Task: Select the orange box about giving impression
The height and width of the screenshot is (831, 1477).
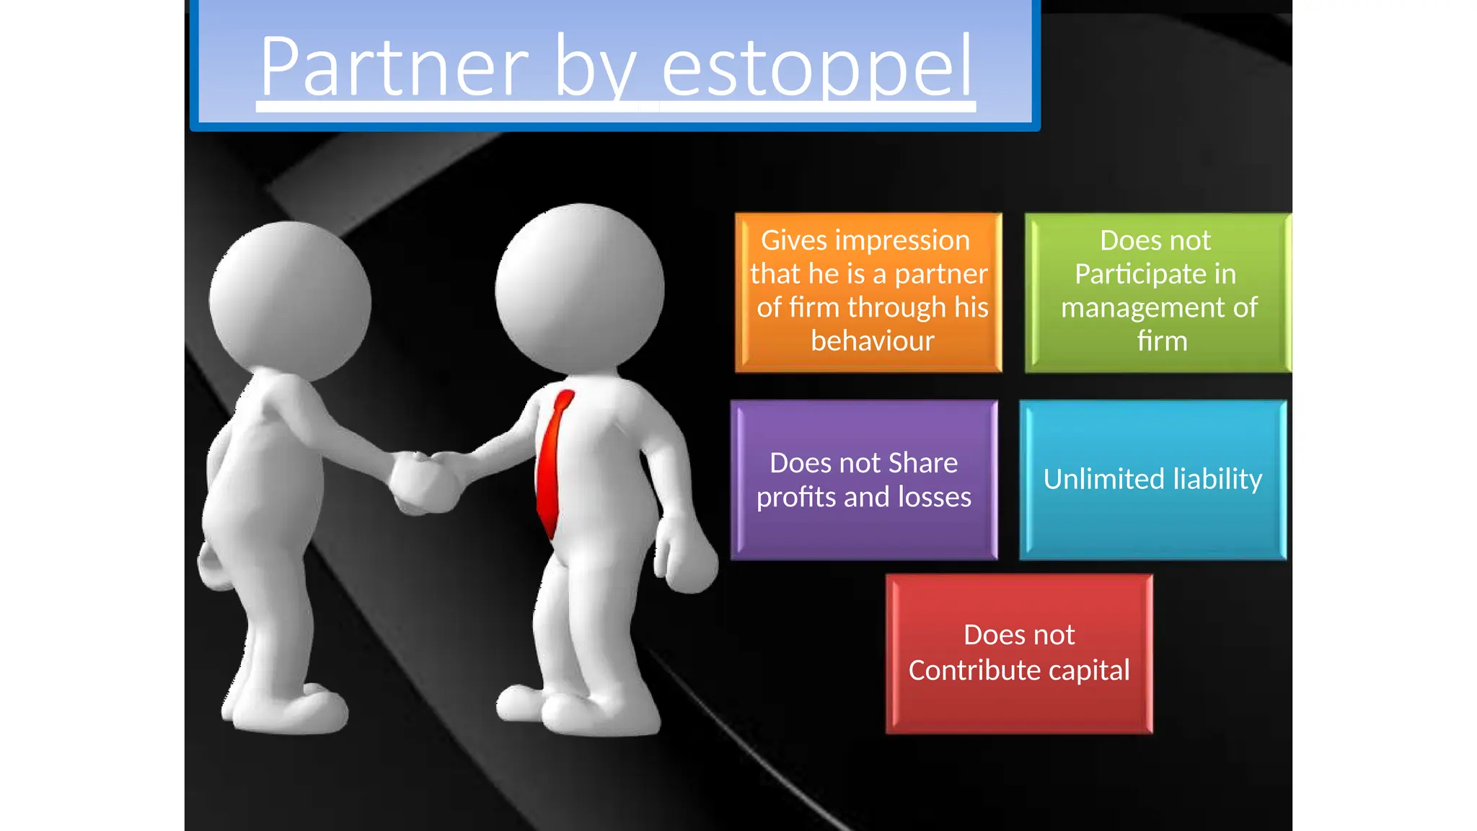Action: [868, 292]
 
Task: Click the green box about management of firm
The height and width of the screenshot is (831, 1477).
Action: [1158, 292]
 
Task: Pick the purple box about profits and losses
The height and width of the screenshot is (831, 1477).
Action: [864, 480]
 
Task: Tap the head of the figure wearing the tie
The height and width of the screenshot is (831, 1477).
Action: [579, 289]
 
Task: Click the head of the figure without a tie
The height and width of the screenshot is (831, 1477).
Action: [290, 299]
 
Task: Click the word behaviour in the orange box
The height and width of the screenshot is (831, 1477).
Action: [872, 340]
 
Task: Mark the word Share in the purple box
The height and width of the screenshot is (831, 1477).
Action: [923, 463]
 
